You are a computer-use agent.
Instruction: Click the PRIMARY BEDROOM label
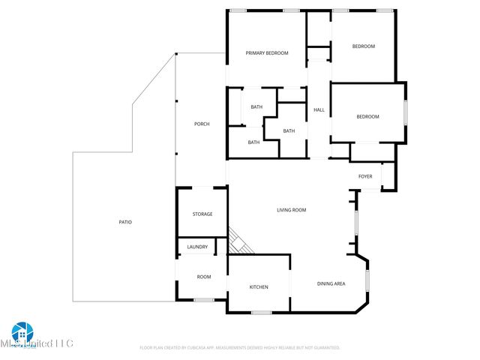pyautogui.click(x=267, y=53)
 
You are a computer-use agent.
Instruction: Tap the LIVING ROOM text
pyautogui.click(x=292, y=210)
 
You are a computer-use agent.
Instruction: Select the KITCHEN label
pyautogui.click(x=259, y=287)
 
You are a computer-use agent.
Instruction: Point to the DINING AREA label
pyautogui.click(x=331, y=283)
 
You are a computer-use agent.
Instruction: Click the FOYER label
pyautogui.click(x=365, y=176)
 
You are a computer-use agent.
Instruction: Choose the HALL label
pyautogui.click(x=319, y=110)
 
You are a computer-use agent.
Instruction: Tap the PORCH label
pyautogui.click(x=202, y=124)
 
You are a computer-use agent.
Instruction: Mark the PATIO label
pyautogui.click(x=125, y=222)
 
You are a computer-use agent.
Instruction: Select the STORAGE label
pyautogui.click(x=202, y=214)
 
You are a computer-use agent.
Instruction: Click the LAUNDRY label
pyautogui.click(x=197, y=247)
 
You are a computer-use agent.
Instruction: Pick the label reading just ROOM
pyautogui.click(x=204, y=277)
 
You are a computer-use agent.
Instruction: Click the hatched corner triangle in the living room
pyautogui.click(x=240, y=242)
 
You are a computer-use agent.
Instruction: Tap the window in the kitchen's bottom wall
pyautogui.click(x=261, y=312)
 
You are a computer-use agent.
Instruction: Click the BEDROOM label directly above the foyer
pyautogui.click(x=367, y=116)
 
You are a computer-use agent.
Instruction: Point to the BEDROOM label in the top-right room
pyautogui.click(x=364, y=46)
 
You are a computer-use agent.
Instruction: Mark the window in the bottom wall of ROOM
pyautogui.click(x=203, y=300)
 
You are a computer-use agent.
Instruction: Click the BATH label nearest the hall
pyautogui.click(x=289, y=131)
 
